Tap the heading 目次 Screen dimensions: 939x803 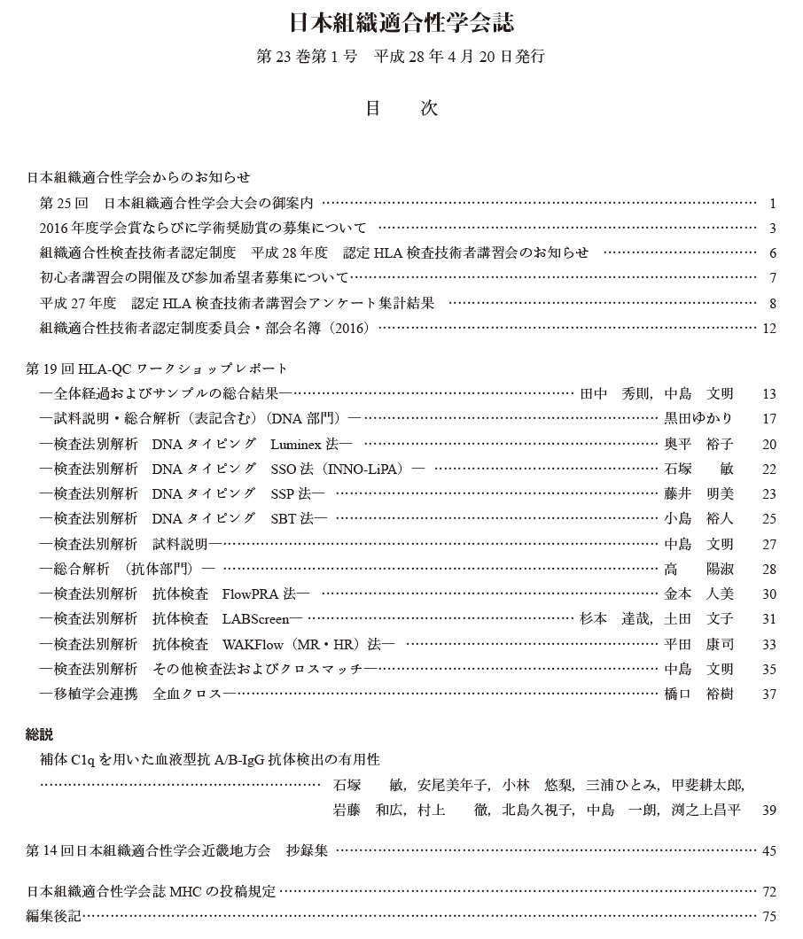click(401, 108)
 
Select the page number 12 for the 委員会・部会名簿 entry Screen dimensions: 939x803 click(768, 329)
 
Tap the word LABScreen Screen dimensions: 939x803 click(261, 618)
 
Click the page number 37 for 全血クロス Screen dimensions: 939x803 click(768, 694)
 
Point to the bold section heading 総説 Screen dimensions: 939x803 click(40, 734)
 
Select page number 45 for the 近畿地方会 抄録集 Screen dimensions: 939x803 click(768, 851)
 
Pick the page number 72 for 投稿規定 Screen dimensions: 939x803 click(768, 892)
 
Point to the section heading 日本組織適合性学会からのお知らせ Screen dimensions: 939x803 click(138, 177)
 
